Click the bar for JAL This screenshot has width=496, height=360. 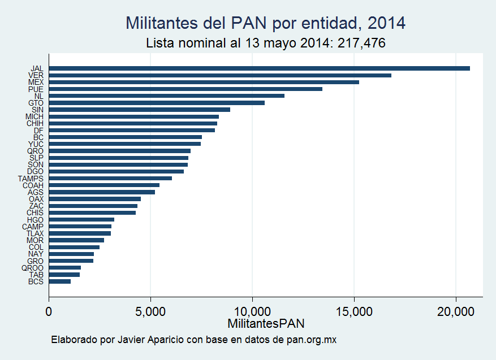(260, 68)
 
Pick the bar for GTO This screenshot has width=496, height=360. (157, 103)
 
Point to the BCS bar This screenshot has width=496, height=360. (60, 281)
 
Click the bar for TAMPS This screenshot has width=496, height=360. (110, 178)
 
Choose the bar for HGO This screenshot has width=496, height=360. (81, 219)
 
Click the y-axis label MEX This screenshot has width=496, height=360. (36, 83)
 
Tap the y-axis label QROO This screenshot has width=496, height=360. (32, 268)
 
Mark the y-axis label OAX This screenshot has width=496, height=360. (36, 199)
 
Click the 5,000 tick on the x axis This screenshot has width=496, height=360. (150, 311)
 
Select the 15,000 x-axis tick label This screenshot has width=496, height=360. (353, 311)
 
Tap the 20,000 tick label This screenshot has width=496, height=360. (455, 311)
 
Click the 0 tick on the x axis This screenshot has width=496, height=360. (49, 311)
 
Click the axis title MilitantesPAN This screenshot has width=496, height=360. (266, 324)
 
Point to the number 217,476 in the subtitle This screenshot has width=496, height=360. (361, 43)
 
